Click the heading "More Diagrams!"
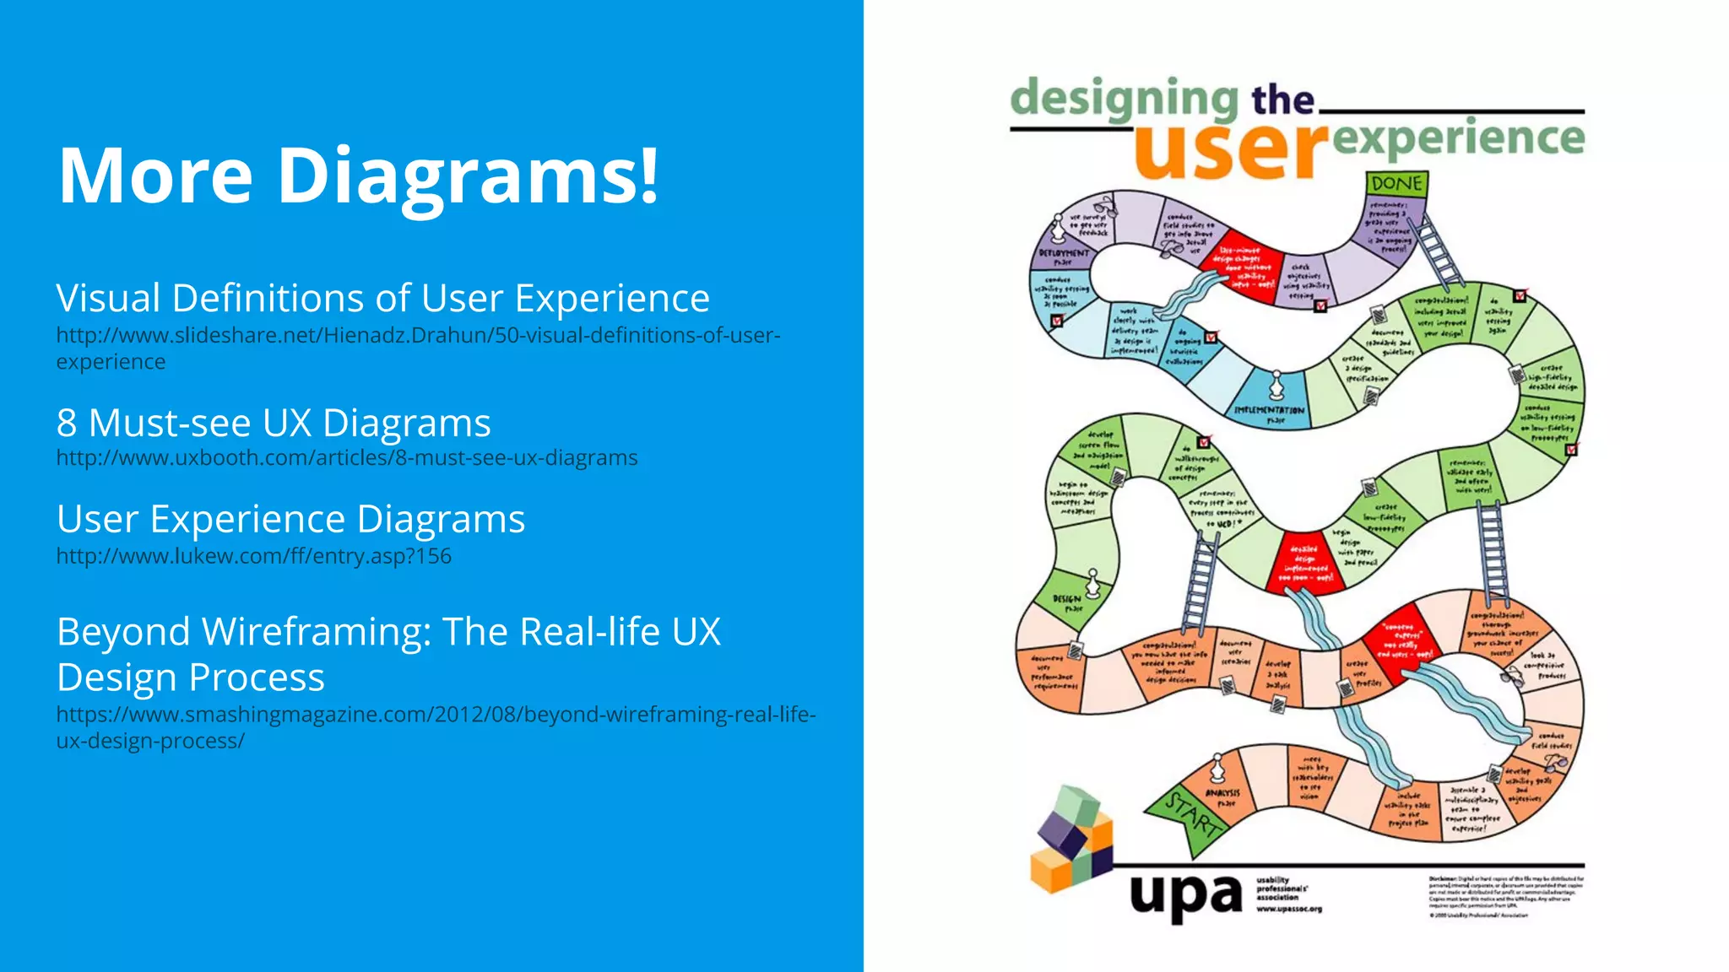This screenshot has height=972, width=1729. [358, 175]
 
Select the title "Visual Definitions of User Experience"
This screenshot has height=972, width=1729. [382, 298]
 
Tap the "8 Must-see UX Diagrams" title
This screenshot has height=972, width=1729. [274, 423]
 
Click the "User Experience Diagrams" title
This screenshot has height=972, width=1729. [290, 519]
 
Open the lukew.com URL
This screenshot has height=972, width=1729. [253, 556]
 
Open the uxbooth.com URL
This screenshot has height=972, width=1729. [346, 457]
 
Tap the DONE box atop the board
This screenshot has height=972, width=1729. [1396, 183]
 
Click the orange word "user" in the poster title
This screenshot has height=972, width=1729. [1229, 149]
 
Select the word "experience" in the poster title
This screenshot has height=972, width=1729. [1459, 138]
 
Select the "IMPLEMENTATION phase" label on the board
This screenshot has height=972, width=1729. [1269, 413]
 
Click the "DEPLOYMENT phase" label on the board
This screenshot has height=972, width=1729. [1064, 256]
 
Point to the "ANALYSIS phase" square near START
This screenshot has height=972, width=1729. [1222, 797]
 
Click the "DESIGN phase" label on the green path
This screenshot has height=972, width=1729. [1067, 602]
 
